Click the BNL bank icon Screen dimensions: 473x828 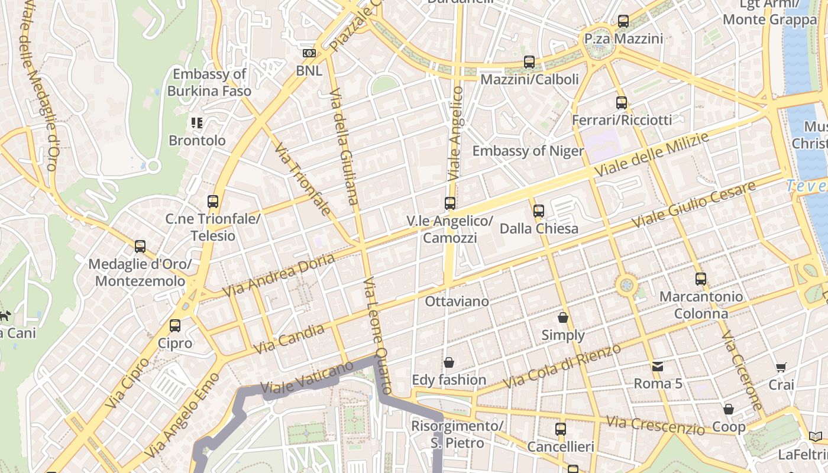click(x=309, y=53)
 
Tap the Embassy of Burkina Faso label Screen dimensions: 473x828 click(x=209, y=83)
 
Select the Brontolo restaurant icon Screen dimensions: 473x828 click(x=197, y=123)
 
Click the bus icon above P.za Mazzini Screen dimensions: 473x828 click(x=623, y=21)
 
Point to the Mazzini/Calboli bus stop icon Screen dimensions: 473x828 click(x=529, y=62)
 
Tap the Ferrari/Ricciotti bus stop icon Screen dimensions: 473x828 click(x=621, y=103)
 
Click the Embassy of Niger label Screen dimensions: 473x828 click(x=528, y=151)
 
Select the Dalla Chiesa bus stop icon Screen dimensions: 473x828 click(x=538, y=210)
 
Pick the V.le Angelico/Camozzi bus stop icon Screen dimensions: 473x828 click(x=450, y=203)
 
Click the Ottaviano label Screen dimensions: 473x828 click(x=457, y=302)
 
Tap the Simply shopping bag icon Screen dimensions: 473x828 click(x=563, y=318)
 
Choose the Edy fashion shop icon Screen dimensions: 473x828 click(x=449, y=362)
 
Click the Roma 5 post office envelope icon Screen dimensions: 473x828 click(x=658, y=367)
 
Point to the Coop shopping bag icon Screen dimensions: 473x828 click(x=729, y=409)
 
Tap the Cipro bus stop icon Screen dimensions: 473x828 click(x=175, y=326)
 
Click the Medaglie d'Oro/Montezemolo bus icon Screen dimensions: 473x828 click(x=140, y=247)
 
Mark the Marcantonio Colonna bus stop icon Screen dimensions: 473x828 click(x=701, y=279)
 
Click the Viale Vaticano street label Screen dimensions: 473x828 click(x=298, y=378)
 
